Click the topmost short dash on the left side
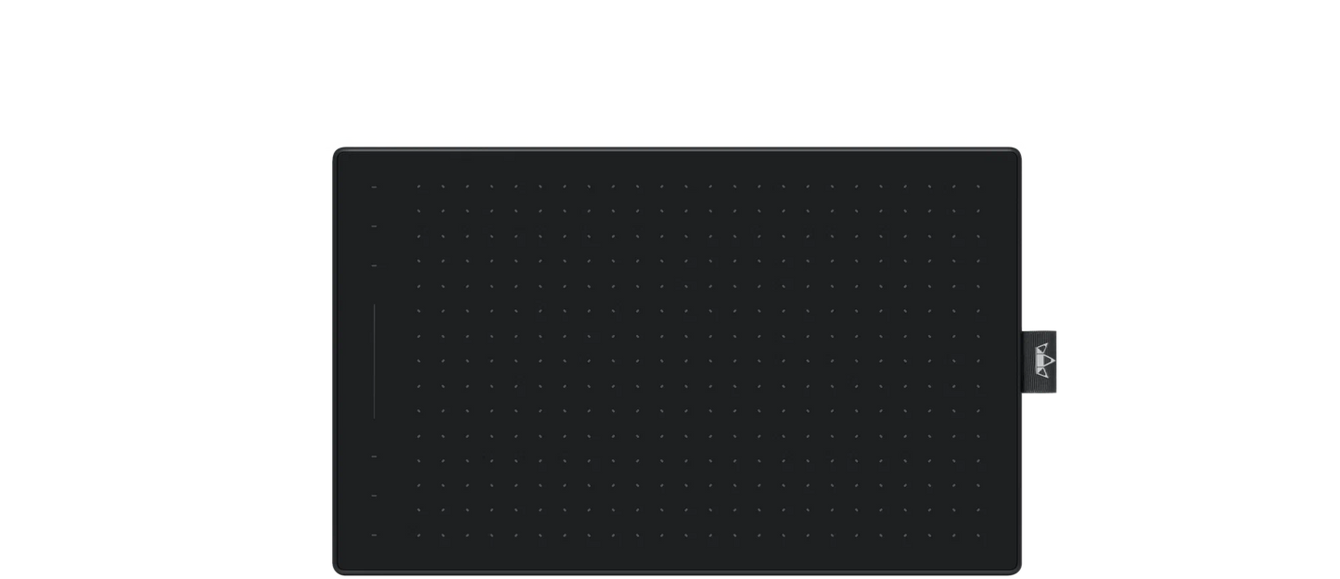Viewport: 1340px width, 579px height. pyautogui.click(x=374, y=187)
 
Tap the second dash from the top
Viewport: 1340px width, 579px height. pyautogui.click(x=374, y=225)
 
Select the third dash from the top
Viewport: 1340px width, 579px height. pyautogui.click(x=374, y=265)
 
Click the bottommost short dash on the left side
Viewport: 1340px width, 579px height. pyautogui.click(x=374, y=534)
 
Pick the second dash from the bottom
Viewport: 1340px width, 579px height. pyautogui.click(x=374, y=495)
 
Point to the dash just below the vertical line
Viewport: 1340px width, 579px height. pyautogui.click(x=374, y=457)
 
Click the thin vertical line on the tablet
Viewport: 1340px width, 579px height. pyautogui.click(x=374, y=360)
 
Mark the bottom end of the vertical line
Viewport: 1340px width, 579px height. pyautogui.click(x=374, y=416)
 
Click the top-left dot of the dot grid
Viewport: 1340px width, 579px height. pyautogui.click(x=418, y=187)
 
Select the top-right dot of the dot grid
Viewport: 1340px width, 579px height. pyautogui.click(x=977, y=187)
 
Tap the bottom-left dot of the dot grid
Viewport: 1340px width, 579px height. pyautogui.click(x=418, y=534)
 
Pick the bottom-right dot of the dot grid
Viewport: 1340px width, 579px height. pyautogui.click(x=977, y=534)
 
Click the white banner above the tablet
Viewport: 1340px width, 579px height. pyautogui.click(x=670, y=74)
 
